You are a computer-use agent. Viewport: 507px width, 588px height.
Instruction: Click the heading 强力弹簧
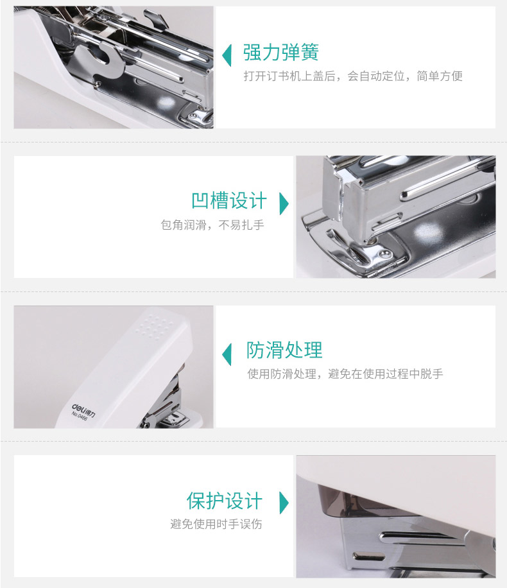tap(281, 52)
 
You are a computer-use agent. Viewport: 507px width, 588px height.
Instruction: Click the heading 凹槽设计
tap(229, 201)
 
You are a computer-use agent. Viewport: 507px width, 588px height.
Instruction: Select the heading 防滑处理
tap(284, 350)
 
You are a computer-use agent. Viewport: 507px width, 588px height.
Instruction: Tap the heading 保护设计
tap(225, 501)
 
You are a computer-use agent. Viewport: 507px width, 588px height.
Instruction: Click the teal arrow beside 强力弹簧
tap(227, 55)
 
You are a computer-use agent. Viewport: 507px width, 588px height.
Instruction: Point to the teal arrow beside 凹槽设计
tap(284, 203)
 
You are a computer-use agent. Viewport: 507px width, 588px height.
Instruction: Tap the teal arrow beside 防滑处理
tap(227, 354)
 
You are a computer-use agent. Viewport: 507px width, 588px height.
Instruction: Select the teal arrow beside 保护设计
tap(284, 503)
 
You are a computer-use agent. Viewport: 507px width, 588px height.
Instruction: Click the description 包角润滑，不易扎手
tap(212, 225)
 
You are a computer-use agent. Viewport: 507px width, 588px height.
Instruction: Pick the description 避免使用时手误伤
tap(216, 524)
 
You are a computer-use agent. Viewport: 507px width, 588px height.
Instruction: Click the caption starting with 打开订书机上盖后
tap(353, 76)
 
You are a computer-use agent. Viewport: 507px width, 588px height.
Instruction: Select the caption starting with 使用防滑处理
tap(345, 374)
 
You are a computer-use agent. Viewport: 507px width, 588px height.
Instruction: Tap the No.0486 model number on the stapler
tap(79, 416)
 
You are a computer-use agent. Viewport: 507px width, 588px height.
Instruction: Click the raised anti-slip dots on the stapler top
tap(155, 324)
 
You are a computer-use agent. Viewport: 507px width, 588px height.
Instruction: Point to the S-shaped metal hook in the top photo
tap(101, 59)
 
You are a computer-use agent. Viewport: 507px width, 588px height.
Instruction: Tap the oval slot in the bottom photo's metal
tap(369, 557)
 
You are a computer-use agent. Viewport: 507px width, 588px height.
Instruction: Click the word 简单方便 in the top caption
tap(440, 76)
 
